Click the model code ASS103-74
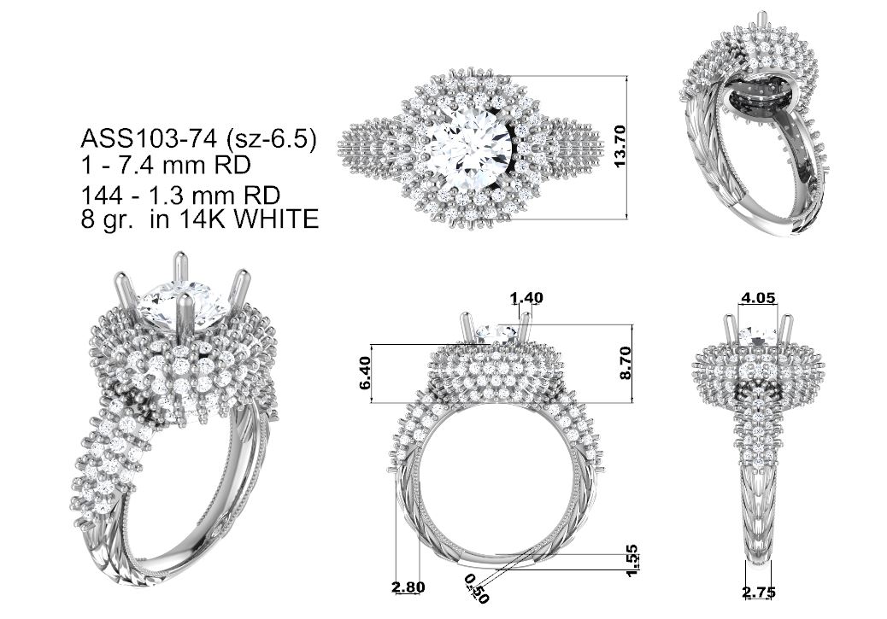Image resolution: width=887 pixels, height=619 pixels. (148, 138)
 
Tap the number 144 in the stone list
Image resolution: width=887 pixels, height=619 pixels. (103, 196)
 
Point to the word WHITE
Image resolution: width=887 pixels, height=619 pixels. (277, 219)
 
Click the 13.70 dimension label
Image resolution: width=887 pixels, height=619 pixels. (620, 146)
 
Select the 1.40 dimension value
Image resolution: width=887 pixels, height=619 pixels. (526, 297)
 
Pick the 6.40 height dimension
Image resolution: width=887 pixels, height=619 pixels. (366, 372)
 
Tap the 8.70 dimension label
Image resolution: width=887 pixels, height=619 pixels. (625, 364)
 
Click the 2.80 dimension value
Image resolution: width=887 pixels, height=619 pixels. (408, 587)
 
